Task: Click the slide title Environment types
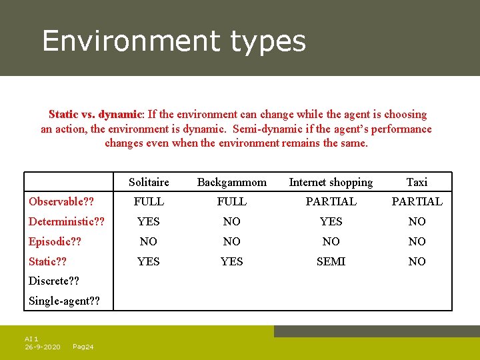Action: (x=174, y=41)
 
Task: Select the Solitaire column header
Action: (x=149, y=182)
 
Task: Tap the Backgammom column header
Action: (x=231, y=182)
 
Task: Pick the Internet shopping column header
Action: (x=331, y=182)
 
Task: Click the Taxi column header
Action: (x=417, y=182)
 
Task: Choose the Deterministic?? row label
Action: (x=67, y=221)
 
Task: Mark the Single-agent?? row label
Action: (x=64, y=301)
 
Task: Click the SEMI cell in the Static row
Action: (x=331, y=261)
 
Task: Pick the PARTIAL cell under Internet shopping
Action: (x=331, y=201)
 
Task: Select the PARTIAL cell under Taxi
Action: (x=417, y=201)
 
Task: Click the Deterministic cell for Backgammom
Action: (x=231, y=221)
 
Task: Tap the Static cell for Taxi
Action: (x=417, y=261)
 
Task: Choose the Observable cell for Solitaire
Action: (x=149, y=201)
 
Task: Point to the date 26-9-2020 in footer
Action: (x=43, y=347)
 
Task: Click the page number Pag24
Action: (x=83, y=347)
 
